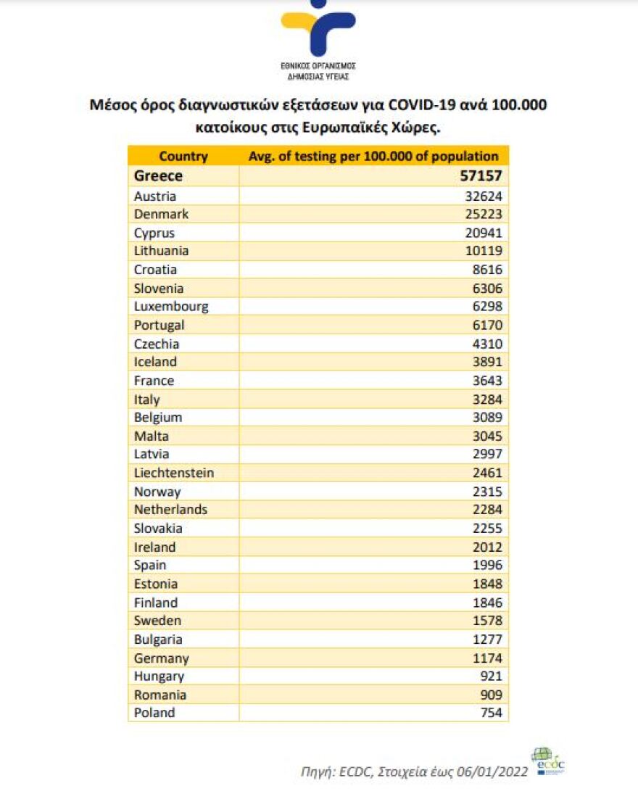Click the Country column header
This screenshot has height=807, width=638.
coord(183,156)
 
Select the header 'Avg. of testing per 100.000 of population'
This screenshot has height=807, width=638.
coord(373,156)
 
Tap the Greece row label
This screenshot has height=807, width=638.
coord(158,176)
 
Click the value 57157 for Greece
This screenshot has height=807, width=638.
coord(481,176)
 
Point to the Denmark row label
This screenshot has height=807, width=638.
coord(161,214)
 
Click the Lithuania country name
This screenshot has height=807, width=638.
coord(161,251)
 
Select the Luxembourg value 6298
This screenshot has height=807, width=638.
coord(487,307)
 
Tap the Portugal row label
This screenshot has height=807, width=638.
coord(159,325)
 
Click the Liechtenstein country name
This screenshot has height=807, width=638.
coord(174,473)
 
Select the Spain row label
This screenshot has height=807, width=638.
coord(150,565)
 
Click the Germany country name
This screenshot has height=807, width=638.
coord(161,658)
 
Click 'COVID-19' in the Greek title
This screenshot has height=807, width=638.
coord(422,105)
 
